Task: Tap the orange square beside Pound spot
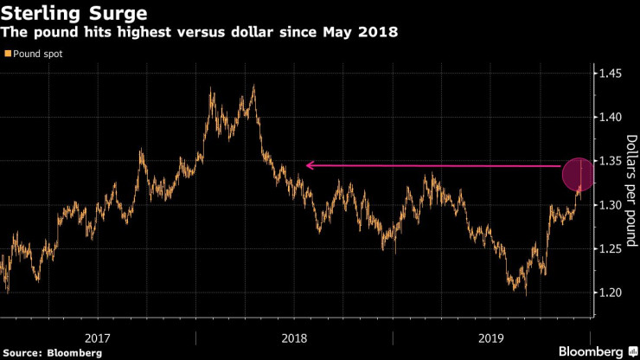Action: (x=8, y=54)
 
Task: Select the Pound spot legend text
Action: (x=38, y=54)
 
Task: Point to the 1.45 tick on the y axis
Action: (x=611, y=74)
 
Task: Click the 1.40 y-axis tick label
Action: (x=611, y=118)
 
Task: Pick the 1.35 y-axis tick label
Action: (x=611, y=162)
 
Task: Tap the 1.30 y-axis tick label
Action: (x=611, y=205)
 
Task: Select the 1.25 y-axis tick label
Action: (x=611, y=249)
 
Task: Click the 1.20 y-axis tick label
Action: (x=611, y=292)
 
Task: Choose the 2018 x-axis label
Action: (x=294, y=337)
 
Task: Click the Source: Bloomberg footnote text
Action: (x=52, y=352)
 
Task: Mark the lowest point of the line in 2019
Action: (x=525, y=294)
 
